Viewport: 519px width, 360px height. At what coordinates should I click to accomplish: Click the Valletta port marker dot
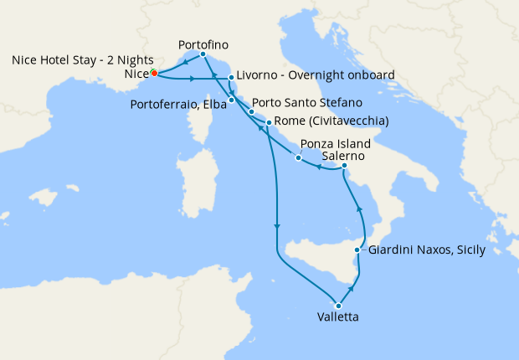(x=338, y=306)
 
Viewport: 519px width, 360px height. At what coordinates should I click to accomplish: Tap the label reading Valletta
(x=339, y=318)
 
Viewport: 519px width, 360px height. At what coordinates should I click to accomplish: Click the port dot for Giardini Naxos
(x=358, y=250)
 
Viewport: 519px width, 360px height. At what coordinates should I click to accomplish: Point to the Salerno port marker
(x=344, y=167)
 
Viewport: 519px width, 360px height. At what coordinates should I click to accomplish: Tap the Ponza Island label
(x=335, y=143)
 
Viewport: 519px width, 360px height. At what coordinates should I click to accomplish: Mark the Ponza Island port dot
(x=298, y=157)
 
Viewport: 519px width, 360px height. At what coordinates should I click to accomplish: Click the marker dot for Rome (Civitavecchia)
(x=267, y=123)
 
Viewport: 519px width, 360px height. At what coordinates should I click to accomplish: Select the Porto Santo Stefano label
(x=307, y=103)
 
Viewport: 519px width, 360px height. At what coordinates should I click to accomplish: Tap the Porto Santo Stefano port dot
(x=250, y=111)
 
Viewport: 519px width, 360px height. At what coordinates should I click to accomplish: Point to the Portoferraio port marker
(x=231, y=100)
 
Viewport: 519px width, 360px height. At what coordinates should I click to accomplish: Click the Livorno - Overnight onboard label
(x=311, y=75)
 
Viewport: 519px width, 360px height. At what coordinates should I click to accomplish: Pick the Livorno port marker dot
(x=231, y=78)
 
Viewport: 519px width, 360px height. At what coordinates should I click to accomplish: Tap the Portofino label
(x=204, y=43)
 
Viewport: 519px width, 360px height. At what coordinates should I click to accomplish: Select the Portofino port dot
(x=203, y=55)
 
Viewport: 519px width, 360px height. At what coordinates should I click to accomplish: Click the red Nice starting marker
(x=155, y=73)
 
